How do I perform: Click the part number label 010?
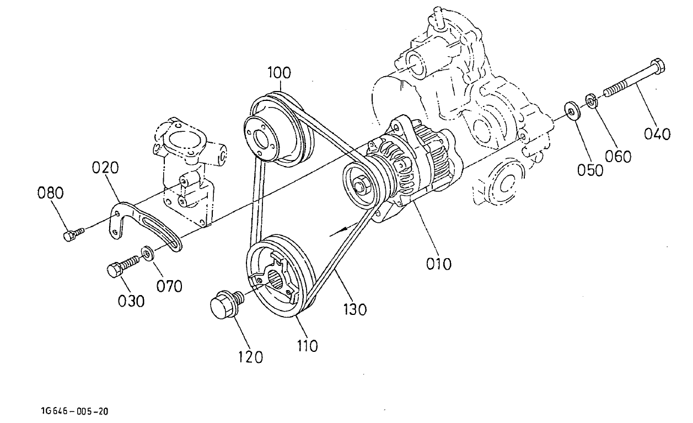point(438,264)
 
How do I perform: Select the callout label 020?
point(105,168)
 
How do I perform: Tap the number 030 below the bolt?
point(131,301)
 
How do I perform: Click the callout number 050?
point(590,169)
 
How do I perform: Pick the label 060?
point(618,156)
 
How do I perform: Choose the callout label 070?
point(169,286)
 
